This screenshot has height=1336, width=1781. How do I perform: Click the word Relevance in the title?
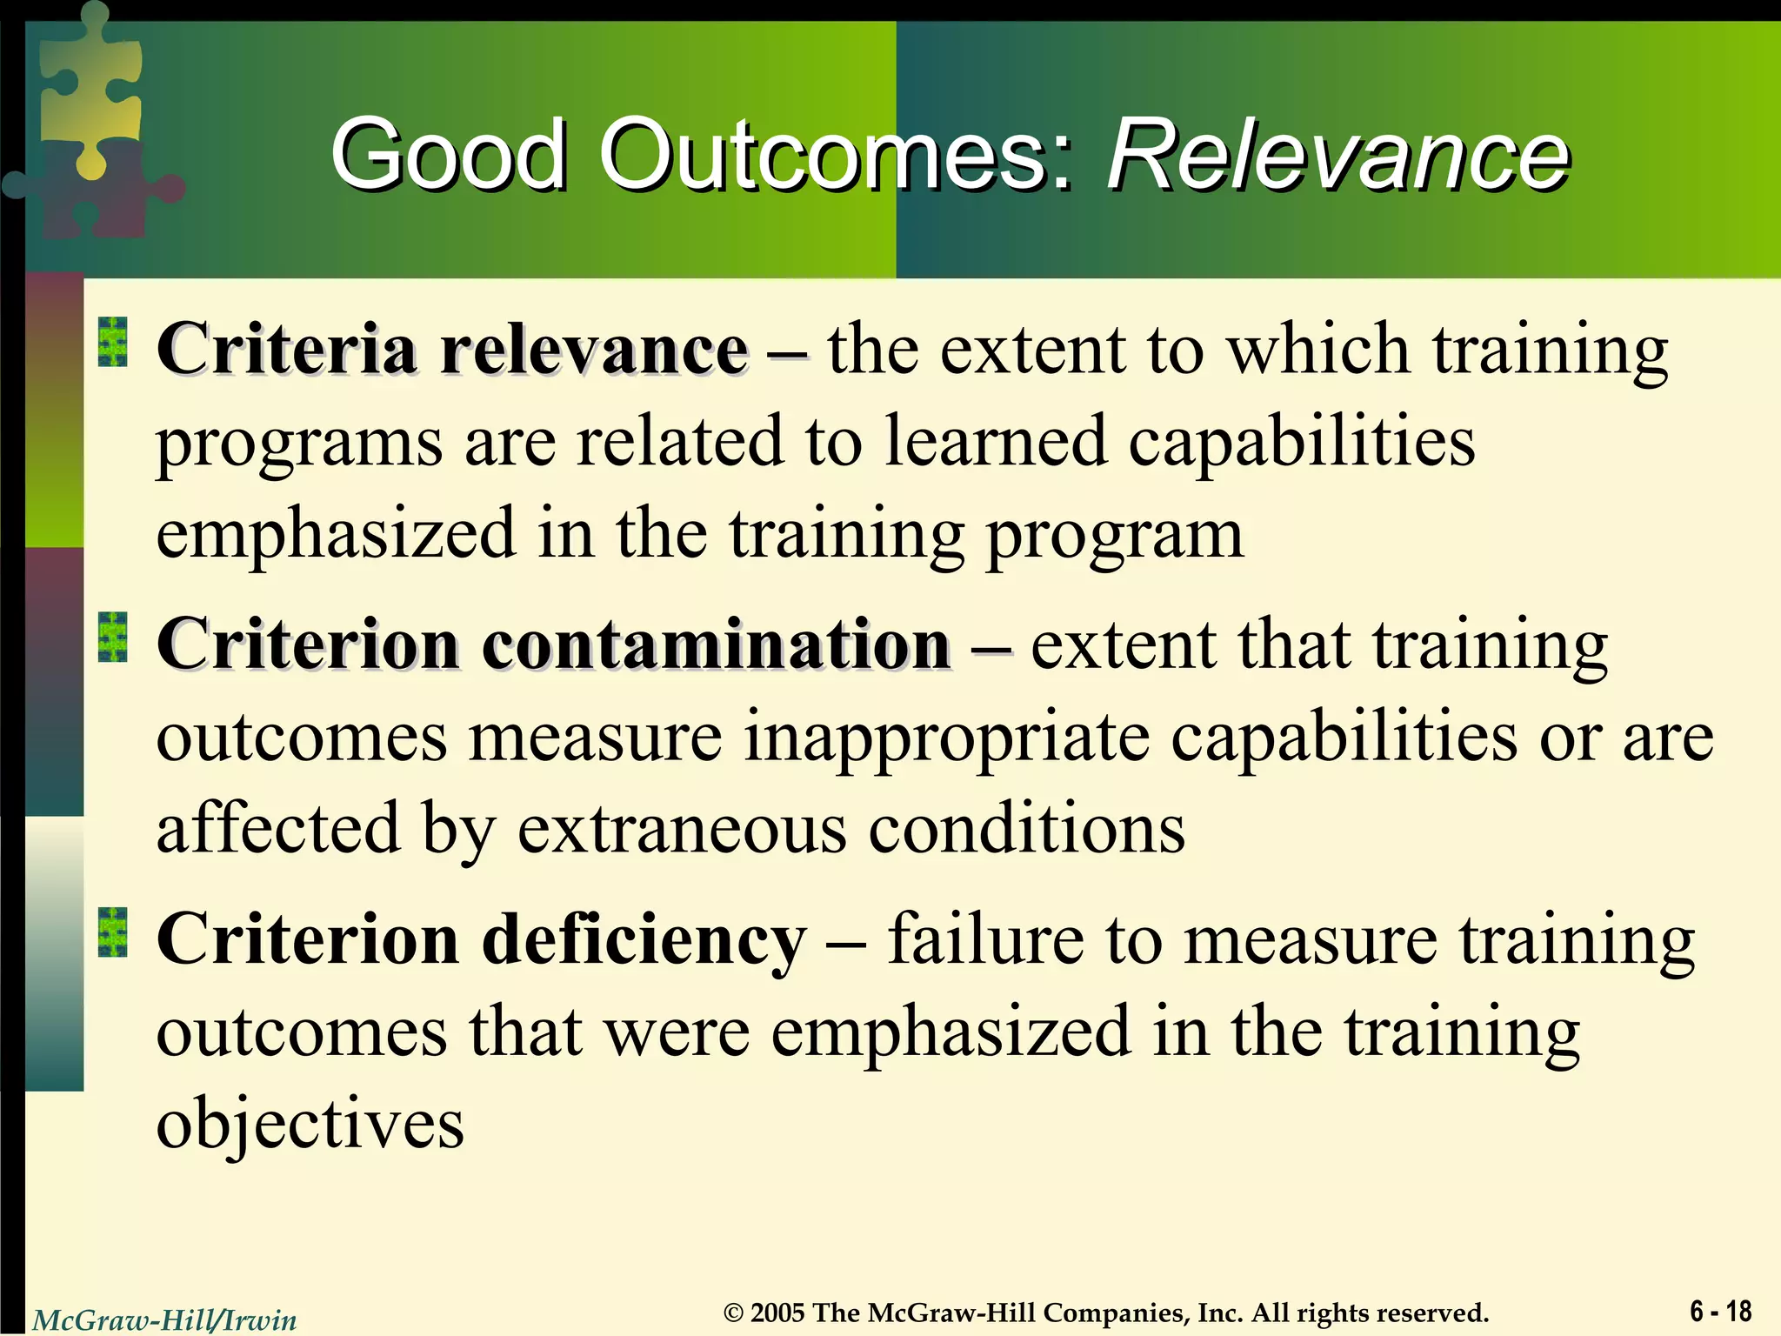pyautogui.click(x=1337, y=157)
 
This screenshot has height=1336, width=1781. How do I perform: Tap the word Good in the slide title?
pyautogui.click(x=448, y=157)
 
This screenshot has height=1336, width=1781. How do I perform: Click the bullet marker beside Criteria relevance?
pyautogui.click(x=112, y=342)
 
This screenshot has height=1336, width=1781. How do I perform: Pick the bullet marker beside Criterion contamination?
pyautogui.click(x=112, y=637)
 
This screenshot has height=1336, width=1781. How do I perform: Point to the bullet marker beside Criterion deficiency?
pyautogui.click(x=112, y=932)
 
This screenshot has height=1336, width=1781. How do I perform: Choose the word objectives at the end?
pyautogui.click(x=310, y=1125)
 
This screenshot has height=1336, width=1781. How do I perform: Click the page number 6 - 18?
pyautogui.click(x=1720, y=1311)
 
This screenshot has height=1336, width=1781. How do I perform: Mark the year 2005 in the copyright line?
pyautogui.click(x=777, y=1313)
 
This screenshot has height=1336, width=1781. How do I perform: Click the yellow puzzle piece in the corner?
pyautogui.click(x=91, y=87)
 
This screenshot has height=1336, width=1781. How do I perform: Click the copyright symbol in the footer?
pyautogui.click(x=734, y=1313)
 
